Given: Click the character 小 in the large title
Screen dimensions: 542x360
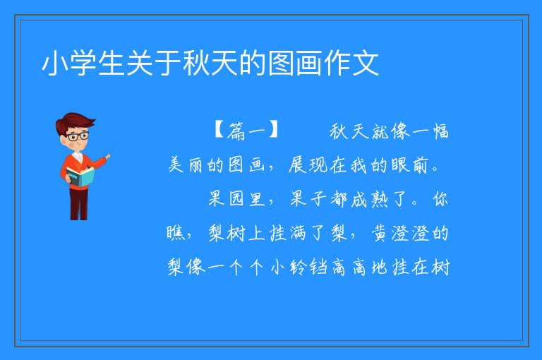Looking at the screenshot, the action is (x=54, y=64).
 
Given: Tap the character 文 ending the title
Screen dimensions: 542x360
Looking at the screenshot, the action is (x=366, y=64).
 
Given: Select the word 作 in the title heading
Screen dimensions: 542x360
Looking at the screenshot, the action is (x=337, y=64).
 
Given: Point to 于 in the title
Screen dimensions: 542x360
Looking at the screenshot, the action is (x=168, y=64).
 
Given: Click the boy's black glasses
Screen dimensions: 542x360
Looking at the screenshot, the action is (x=78, y=136).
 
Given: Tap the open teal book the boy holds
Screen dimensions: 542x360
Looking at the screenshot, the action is (x=80, y=176).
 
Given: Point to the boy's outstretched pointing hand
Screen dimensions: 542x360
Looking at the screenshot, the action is (x=108, y=156).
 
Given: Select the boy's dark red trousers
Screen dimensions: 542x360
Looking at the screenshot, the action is (x=78, y=203).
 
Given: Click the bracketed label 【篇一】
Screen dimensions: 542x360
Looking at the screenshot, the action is (x=246, y=131).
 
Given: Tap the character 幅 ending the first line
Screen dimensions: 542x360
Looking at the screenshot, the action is (x=440, y=131).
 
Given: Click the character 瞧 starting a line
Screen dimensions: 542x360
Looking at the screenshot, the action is (x=175, y=232).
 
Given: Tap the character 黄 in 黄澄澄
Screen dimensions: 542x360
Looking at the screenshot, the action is (x=380, y=232).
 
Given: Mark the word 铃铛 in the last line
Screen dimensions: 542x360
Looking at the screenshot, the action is (x=308, y=266).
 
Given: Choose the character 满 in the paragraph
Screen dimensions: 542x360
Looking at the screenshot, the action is (x=298, y=232).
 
